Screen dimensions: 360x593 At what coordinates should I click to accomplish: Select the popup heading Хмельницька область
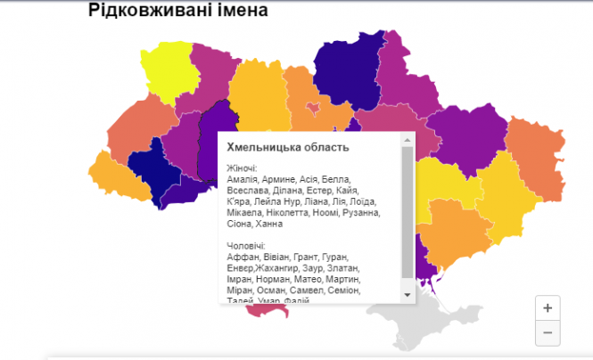pyautogui.click(x=288, y=147)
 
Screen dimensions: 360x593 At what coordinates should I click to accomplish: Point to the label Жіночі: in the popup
pyautogui.click(x=243, y=168)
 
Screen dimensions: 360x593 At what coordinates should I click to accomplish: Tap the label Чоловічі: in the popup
pyautogui.click(x=247, y=246)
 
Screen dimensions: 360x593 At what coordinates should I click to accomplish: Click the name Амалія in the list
pyautogui.click(x=243, y=179)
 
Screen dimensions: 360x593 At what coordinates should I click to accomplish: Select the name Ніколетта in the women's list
pyautogui.click(x=294, y=213)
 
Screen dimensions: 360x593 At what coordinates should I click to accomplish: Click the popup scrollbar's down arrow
pyautogui.click(x=407, y=294)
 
